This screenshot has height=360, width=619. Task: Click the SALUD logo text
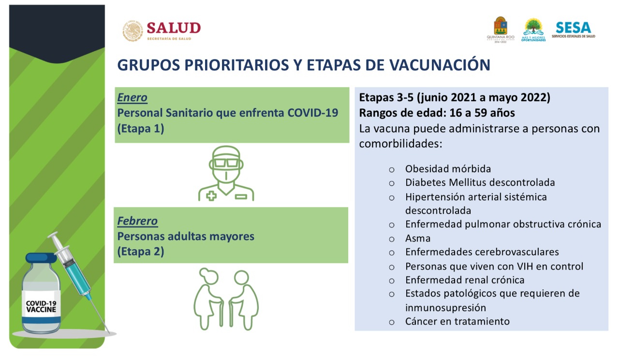(x=174, y=28)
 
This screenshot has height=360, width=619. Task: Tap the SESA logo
(x=574, y=30)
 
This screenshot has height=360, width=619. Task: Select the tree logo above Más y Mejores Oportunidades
(x=533, y=27)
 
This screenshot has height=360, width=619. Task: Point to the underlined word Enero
(x=132, y=98)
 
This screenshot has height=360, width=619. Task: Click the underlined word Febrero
(x=137, y=221)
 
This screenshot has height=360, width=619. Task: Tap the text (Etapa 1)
(x=141, y=129)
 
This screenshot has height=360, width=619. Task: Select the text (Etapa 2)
(x=141, y=252)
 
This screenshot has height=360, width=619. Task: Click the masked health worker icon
(x=226, y=173)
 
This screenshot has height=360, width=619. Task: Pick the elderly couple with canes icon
(x=226, y=299)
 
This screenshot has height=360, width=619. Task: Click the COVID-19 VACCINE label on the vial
(x=41, y=307)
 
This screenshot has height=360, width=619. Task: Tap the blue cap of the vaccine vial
(x=41, y=258)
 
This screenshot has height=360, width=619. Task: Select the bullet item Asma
(x=418, y=239)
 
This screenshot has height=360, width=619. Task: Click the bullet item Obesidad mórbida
(x=448, y=169)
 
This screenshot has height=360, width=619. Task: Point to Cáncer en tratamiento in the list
(x=457, y=321)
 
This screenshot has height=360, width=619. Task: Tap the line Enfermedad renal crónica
(x=465, y=280)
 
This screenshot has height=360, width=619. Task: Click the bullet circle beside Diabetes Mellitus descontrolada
(x=392, y=183)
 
